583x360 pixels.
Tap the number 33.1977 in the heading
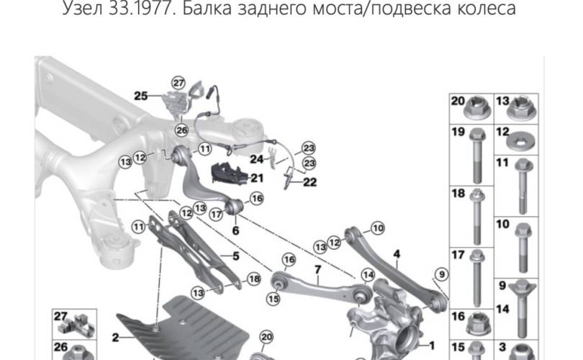click(142, 8)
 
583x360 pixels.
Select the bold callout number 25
click(141, 96)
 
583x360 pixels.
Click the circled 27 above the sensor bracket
click(178, 83)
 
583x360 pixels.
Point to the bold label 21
click(257, 178)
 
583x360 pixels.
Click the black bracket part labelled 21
click(229, 174)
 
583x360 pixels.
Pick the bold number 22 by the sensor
click(309, 182)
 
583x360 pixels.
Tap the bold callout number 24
click(256, 159)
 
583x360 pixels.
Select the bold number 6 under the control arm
click(236, 230)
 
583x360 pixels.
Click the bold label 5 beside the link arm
click(236, 256)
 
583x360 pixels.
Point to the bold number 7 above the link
click(317, 269)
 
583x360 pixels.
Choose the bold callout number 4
click(397, 254)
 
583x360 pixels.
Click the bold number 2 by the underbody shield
click(116, 337)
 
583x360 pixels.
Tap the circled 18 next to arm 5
click(254, 279)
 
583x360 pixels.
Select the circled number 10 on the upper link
click(378, 228)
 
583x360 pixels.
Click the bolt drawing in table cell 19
click(477, 156)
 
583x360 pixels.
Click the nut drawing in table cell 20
click(478, 107)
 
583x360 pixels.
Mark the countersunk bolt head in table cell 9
click(522, 288)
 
